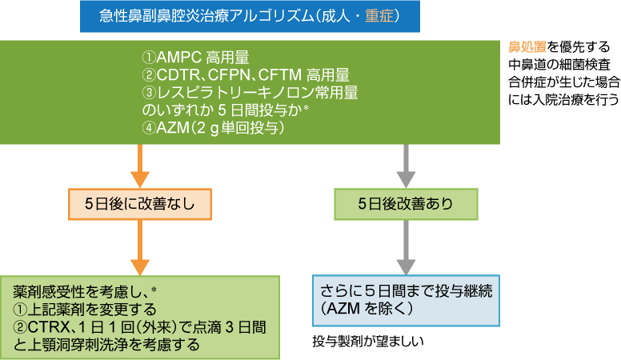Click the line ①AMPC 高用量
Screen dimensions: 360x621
coord(195,58)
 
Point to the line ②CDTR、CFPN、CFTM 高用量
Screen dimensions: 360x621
coord(246,75)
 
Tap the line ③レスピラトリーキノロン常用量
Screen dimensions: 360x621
coord(249,93)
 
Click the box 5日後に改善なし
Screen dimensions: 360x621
coord(141,203)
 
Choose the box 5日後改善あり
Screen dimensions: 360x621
coord(405,203)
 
